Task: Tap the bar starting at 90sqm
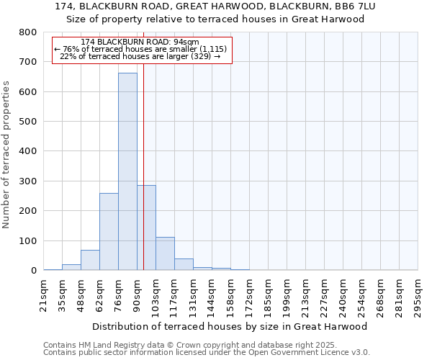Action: pyautogui.click(x=146, y=228)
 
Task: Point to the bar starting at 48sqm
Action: pyautogui.click(x=90, y=260)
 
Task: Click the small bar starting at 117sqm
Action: pyautogui.click(x=184, y=264)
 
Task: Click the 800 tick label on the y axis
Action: pyautogui.click(x=27, y=32)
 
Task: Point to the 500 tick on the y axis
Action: pyautogui.click(x=27, y=122)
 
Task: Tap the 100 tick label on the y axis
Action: pyautogui.click(x=27, y=240)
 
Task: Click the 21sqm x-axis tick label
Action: pyautogui.click(x=44, y=293)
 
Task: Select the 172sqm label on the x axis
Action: pyautogui.click(x=250, y=294)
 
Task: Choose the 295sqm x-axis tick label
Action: pyautogui.click(x=418, y=294)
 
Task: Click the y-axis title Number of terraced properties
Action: pyautogui.click(x=6, y=154)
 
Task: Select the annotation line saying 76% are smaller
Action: pyautogui.click(x=140, y=49)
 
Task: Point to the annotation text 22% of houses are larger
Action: pyautogui.click(x=140, y=56)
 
